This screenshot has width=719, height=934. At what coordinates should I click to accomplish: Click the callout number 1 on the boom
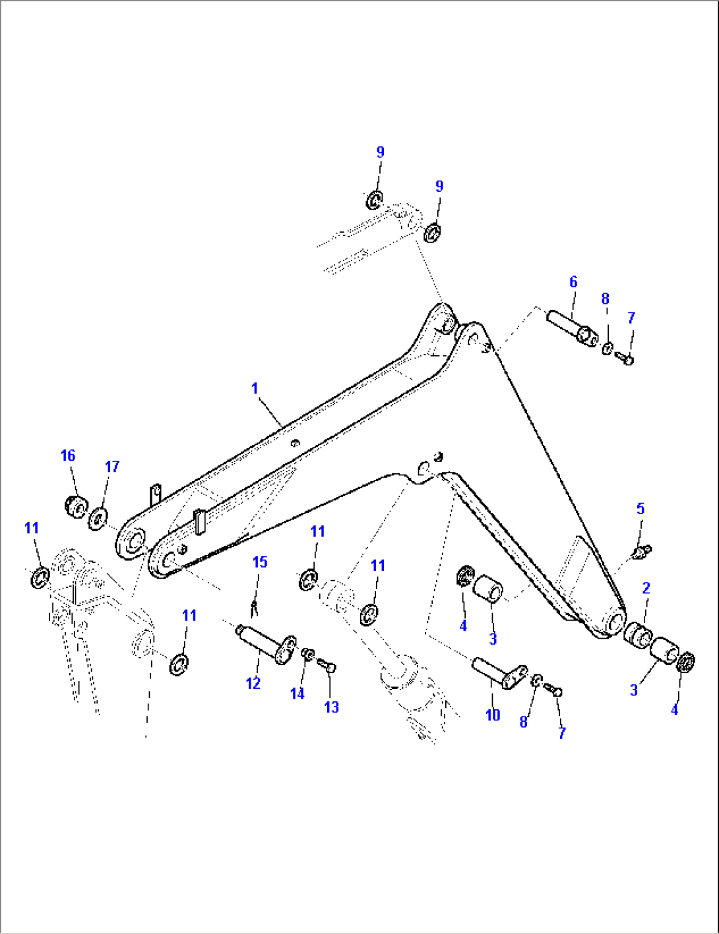(255, 389)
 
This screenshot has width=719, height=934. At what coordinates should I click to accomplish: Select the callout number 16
(68, 455)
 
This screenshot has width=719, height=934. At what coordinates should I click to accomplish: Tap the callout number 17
(112, 467)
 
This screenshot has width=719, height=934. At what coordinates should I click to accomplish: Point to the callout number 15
(260, 562)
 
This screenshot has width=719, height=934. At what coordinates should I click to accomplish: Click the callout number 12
(253, 684)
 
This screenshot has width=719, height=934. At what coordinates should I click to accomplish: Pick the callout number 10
(493, 715)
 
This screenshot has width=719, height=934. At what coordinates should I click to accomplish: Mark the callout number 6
(573, 282)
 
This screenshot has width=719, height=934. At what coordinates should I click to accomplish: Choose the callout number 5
(640, 509)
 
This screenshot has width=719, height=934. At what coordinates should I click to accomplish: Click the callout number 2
(646, 588)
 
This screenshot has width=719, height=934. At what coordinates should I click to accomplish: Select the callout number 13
(331, 707)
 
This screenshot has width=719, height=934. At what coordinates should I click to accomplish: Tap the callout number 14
(297, 693)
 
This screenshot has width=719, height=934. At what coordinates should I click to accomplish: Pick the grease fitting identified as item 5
(641, 551)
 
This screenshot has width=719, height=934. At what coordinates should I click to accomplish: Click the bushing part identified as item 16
(76, 508)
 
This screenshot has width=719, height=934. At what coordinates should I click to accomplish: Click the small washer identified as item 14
(307, 653)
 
